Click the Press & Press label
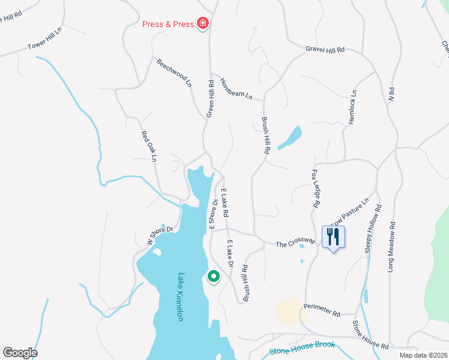(x=168, y=24)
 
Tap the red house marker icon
(x=203, y=24)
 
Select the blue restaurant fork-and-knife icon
(x=333, y=236)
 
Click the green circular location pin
(x=213, y=277)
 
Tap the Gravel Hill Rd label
(x=325, y=50)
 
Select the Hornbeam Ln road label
(x=236, y=89)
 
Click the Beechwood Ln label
(x=173, y=73)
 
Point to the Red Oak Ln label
(x=148, y=146)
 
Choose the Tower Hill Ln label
(x=45, y=38)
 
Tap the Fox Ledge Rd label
(x=313, y=188)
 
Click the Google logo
(x=20, y=353)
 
